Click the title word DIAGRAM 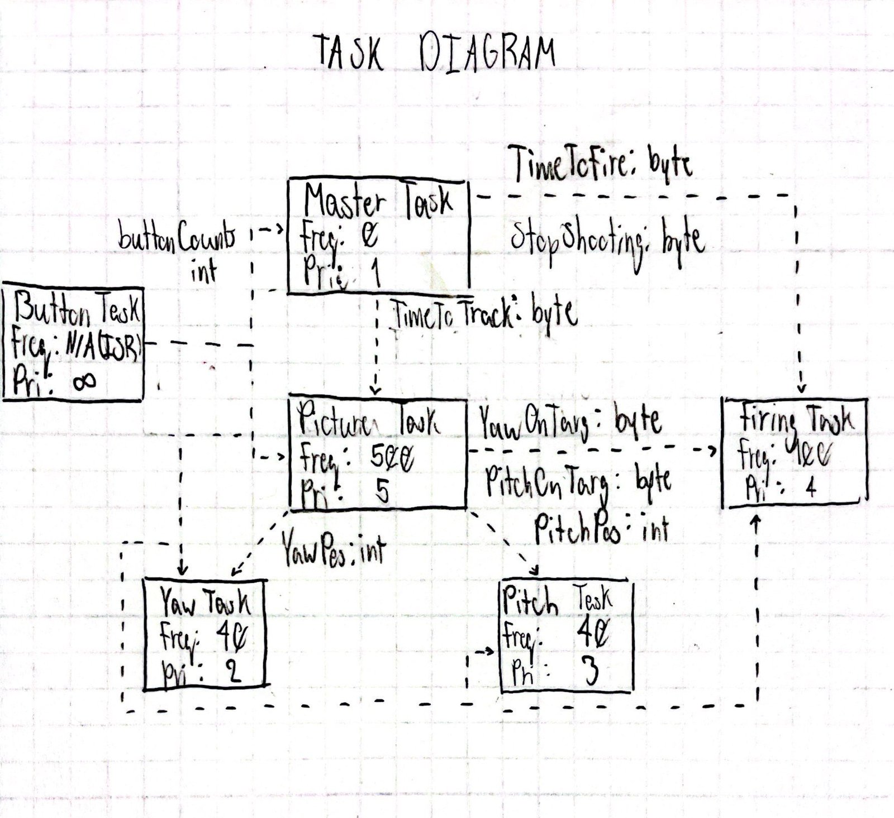point(487,55)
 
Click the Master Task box point(378,236)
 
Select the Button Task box point(73,344)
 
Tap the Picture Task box point(378,453)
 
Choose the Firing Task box point(794,452)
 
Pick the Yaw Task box point(205,635)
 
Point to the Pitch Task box point(567,637)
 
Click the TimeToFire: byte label point(602,164)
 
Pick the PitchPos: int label point(601,529)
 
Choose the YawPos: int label point(333,549)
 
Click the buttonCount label point(177,240)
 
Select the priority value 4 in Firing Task point(810,487)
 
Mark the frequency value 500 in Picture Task point(392,460)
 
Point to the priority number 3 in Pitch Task point(589,672)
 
